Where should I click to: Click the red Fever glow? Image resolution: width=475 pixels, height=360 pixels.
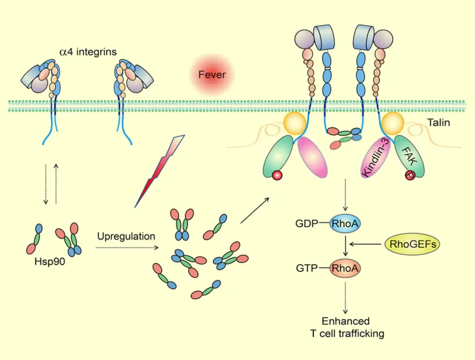pyautogui.click(x=212, y=75)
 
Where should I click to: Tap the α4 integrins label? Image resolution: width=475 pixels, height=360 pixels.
pyautogui.click(x=88, y=52)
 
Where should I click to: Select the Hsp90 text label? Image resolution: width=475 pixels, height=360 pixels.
pyautogui.click(x=50, y=262)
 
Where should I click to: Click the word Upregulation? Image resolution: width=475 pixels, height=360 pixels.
pyautogui.click(x=126, y=236)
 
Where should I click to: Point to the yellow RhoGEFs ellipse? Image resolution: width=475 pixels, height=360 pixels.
pyautogui.click(x=412, y=244)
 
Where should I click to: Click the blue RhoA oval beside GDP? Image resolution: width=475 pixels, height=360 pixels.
pyautogui.click(x=345, y=223)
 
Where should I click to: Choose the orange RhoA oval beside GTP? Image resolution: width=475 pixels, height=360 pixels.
pyautogui.click(x=345, y=268)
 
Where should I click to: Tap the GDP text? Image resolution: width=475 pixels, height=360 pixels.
pyautogui.click(x=307, y=223)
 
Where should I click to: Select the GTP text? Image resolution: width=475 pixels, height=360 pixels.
pyautogui.click(x=307, y=268)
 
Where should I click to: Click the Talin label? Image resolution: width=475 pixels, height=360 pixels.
pyautogui.click(x=438, y=123)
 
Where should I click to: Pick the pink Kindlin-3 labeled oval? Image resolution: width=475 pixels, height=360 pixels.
pyautogui.click(x=376, y=158)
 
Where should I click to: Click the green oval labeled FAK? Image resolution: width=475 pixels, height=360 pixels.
pyautogui.click(x=409, y=156)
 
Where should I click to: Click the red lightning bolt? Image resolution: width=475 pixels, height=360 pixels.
pyautogui.click(x=160, y=171)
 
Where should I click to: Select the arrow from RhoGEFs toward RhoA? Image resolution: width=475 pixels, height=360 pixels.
pyautogui.click(x=366, y=244)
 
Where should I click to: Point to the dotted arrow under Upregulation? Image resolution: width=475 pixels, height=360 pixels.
pyautogui.click(x=127, y=248)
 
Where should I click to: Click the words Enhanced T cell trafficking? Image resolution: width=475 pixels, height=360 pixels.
pyautogui.click(x=347, y=327)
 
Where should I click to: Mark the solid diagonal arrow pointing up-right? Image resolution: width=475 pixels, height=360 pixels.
pyautogui.click(x=255, y=210)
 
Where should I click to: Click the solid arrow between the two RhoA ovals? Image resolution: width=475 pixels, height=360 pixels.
pyautogui.click(x=345, y=246)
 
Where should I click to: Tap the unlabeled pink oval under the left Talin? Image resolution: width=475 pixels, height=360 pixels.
pyautogui.click(x=312, y=157)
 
